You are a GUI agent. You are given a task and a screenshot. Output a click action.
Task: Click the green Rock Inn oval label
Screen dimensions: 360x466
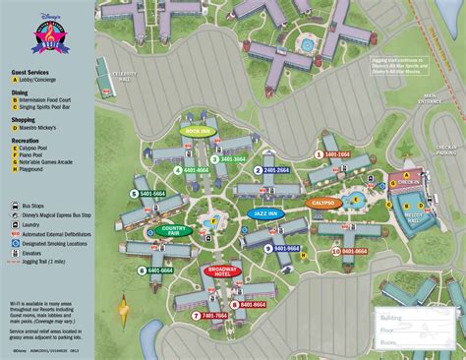[199, 129]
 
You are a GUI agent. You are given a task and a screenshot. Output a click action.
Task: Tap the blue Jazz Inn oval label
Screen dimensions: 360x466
[263, 212]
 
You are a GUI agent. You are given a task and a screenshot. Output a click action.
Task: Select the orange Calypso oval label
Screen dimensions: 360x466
[323, 204]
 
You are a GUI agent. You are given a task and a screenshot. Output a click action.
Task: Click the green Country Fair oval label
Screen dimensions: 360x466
[174, 231]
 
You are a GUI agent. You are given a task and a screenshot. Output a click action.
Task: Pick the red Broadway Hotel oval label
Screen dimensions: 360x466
[226, 271]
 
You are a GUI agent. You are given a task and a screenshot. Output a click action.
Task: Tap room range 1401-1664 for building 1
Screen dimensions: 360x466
[335, 154]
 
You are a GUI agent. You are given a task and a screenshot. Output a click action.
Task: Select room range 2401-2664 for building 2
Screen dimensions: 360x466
[274, 170]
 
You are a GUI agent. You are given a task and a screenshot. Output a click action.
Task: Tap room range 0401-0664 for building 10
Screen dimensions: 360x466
[351, 252]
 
